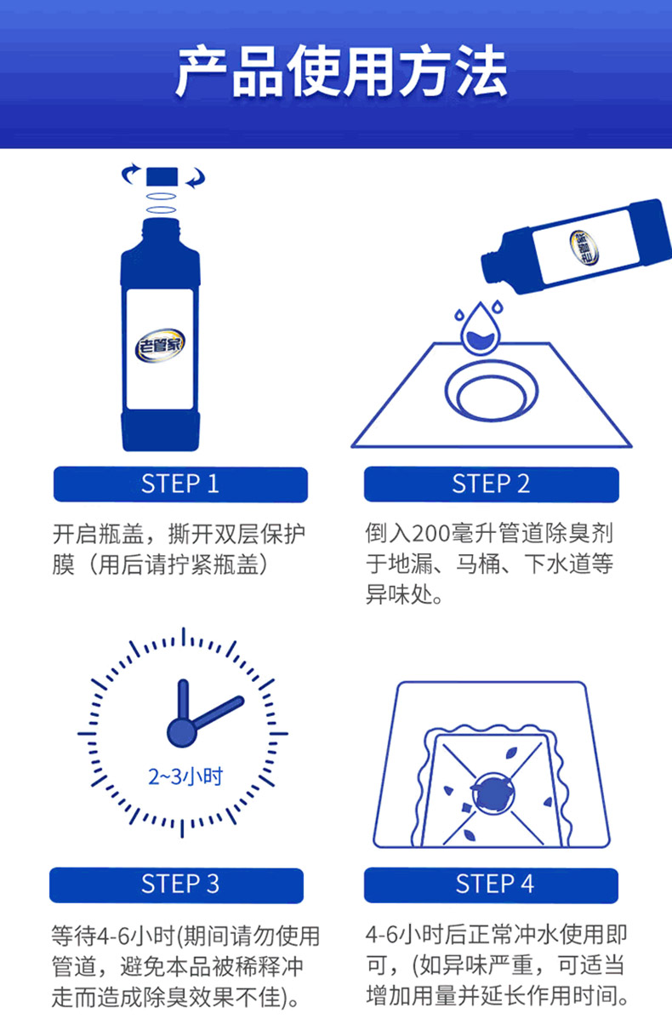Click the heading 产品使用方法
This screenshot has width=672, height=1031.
coord(341,71)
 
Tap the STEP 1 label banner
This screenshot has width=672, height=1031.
coord(180,484)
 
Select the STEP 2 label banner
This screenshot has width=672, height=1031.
coord(491,484)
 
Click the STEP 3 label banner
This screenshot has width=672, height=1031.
coord(176,885)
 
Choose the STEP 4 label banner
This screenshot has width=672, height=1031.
coord(491,885)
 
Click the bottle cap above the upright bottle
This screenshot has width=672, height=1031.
coord(162,177)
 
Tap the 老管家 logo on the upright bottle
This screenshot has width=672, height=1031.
coord(160,345)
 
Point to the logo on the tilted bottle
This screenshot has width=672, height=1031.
coord(584,247)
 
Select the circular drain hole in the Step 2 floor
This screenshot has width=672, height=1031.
coord(491,390)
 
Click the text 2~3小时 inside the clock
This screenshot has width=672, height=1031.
coord(185,776)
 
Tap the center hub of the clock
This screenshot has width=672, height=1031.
coord(182,733)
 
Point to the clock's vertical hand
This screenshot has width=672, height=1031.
coord(183,700)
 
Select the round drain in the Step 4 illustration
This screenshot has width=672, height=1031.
coord(493,793)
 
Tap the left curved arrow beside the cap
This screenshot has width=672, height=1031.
coord(130,174)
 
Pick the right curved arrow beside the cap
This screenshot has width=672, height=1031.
coord(196,178)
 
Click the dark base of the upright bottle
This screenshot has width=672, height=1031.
coord(161,432)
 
